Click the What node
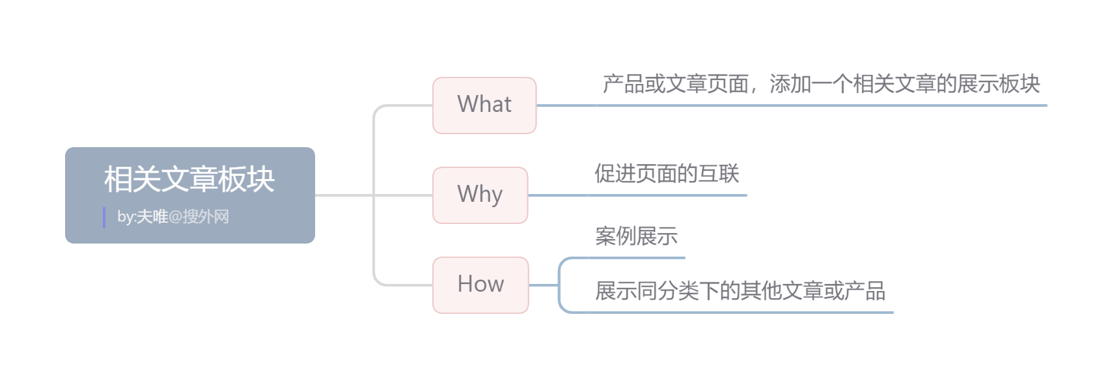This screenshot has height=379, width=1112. pos(484,105)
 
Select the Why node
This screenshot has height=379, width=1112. pos(480,195)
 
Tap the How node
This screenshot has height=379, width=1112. pos(480,285)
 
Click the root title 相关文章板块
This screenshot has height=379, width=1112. pos(189,179)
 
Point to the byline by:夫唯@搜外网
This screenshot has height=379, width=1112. pos(173,217)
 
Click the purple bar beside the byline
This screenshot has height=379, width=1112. pos(104,218)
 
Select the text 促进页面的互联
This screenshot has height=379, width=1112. pos(667,174)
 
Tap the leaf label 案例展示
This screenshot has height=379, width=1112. pos(636,236)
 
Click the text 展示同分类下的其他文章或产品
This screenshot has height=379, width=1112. pos(740,290)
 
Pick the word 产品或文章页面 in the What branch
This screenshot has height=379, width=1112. pos(675,84)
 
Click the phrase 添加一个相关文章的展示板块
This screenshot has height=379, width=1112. pos(905,84)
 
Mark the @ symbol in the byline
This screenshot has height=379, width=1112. pos(175,217)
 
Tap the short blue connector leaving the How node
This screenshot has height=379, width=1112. pos(543,285)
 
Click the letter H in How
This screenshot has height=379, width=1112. pos(465,284)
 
